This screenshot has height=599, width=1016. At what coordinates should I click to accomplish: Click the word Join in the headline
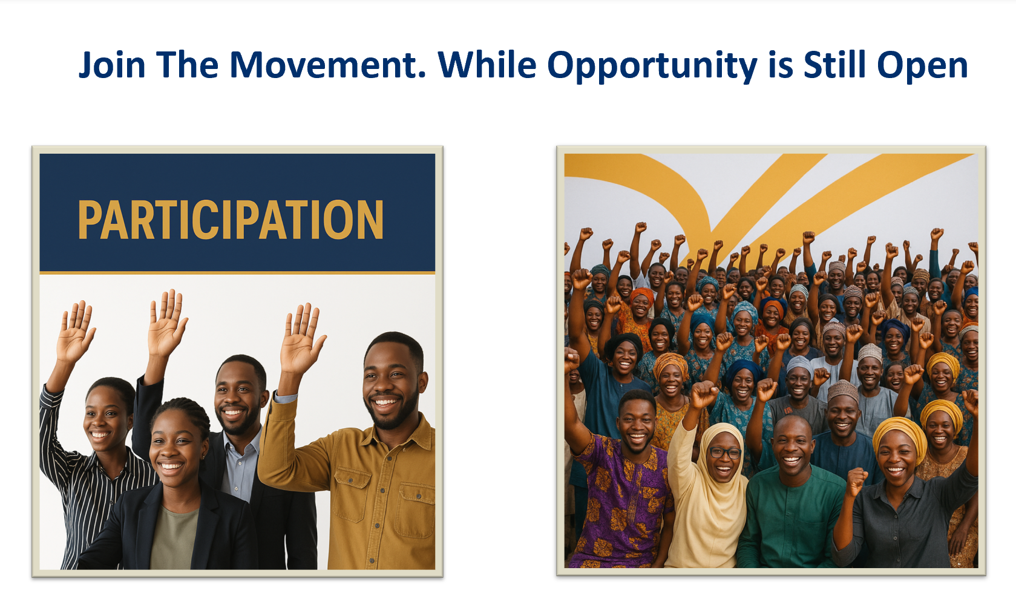click(x=112, y=65)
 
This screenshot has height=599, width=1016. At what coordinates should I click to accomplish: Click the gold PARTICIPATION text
click(x=231, y=220)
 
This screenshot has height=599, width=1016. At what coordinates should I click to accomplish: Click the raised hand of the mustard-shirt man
click(x=301, y=338)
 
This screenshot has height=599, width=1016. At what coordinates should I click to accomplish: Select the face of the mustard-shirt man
click(x=390, y=383)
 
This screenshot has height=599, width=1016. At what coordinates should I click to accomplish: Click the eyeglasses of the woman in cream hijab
click(x=726, y=453)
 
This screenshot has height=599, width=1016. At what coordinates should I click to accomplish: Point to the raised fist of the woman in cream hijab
click(x=704, y=394)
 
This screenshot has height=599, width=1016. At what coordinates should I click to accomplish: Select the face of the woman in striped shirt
click(x=105, y=419)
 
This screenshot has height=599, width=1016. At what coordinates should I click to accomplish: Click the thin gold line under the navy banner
click(x=237, y=273)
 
